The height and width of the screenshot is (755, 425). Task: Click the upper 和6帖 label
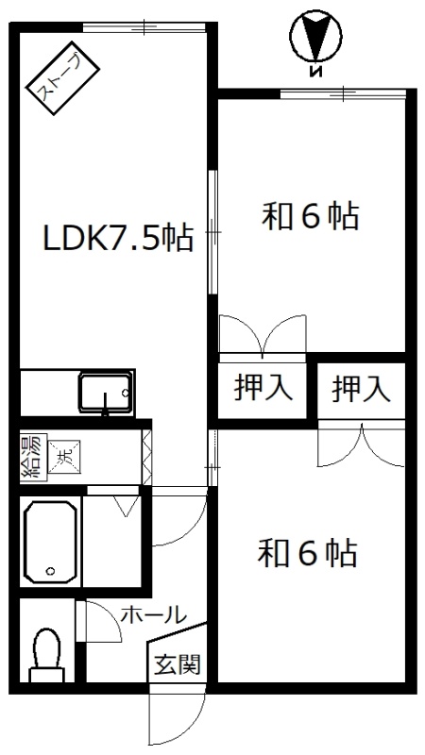pyautogui.click(x=310, y=217)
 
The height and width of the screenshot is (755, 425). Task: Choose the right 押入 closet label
pyautogui.click(x=361, y=389)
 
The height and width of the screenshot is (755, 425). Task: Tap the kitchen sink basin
pyautogui.click(x=106, y=392)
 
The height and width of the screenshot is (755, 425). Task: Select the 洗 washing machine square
pyautogui.click(x=64, y=454)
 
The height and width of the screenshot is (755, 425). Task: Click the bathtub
pyautogui.click(x=50, y=542)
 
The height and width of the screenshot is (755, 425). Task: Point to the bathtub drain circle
pyautogui.click(x=50, y=572)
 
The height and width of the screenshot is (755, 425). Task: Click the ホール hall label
pyautogui.click(x=154, y=615)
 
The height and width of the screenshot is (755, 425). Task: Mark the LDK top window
pyautogui.click(x=144, y=26)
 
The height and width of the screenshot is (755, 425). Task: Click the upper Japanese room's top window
pyautogui.click(x=343, y=93)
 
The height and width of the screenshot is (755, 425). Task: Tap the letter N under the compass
pyautogui.click(x=315, y=73)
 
